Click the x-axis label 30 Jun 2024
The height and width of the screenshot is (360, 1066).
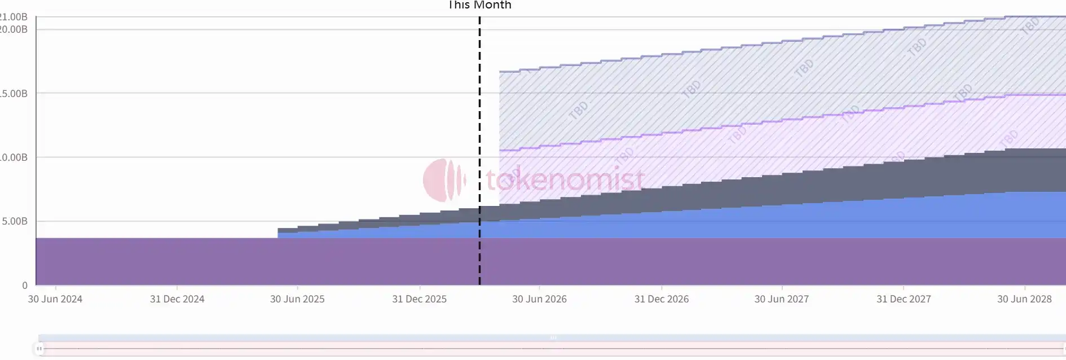point(55,299)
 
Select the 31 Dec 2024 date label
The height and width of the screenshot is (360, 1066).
point(177,299)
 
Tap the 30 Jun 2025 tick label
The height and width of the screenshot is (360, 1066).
point(297,299)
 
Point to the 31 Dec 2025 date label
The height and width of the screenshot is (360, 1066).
point(419,299)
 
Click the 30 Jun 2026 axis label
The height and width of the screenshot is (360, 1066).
point(539,299)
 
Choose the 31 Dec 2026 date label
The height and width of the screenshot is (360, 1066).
point(662,299)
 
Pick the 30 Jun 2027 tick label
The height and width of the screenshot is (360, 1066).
point(782,299)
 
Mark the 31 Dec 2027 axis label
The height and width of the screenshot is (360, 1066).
point(904,299)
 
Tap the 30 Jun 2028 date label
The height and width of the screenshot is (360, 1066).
point(1024,299)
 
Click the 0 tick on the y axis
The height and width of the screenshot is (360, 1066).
point(25,286)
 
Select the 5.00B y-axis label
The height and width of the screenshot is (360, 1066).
point(15,221)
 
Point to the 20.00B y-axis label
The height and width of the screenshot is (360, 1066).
point(14,29)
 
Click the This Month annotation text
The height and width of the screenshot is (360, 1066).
point(479,5)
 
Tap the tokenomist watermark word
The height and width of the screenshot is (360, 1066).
point(565,179)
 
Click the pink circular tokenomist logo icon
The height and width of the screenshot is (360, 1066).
point(444,180)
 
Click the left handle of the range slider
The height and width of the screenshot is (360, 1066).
point(39,349)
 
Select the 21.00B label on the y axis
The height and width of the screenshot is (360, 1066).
point(14,17)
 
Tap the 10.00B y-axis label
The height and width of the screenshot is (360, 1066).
point(14,157)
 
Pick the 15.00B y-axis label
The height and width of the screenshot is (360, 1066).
point(14,94)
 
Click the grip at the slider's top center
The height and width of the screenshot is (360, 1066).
point(553,337)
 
